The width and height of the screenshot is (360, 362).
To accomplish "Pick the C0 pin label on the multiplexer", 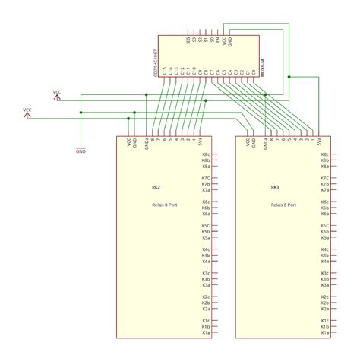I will pos(252,73).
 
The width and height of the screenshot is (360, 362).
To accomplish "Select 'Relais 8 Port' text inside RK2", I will pos(163,205).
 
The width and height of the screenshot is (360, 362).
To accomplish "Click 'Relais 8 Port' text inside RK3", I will pos(283,205).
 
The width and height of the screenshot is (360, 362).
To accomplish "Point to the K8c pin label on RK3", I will pos(325,154).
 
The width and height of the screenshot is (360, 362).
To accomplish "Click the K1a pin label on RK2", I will pos(206,332).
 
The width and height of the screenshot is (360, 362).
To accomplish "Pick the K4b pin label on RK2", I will pos(206,256).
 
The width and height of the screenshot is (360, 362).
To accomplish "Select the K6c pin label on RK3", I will pos(325,202).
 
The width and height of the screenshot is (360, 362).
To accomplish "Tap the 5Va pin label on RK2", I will pos(201,142).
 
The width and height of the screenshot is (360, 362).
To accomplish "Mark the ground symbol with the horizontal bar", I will pos(81,147).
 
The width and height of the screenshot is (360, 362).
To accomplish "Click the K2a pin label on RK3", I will pos(325,309).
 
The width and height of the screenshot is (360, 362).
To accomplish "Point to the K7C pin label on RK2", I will pos(206,178).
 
